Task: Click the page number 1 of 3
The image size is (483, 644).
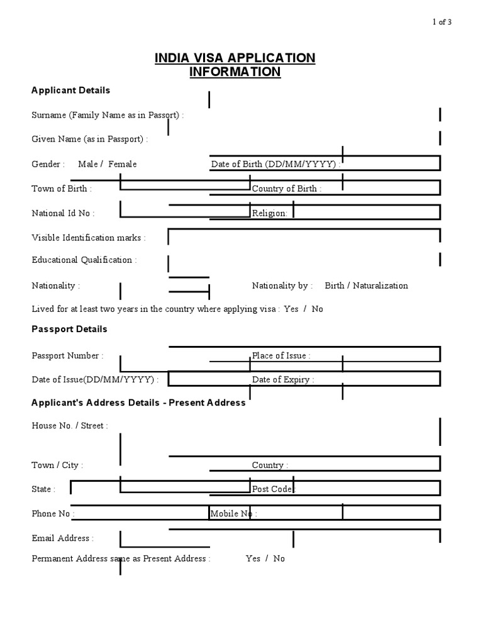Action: click(441, 22)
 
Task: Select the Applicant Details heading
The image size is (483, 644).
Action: click(70, 91)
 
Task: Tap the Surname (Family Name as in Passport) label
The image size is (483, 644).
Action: click(108, 115)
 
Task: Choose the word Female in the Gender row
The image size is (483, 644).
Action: click(122, 164)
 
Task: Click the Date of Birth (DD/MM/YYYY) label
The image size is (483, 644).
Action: click(276, 164)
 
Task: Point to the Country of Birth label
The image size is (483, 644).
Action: click(286, 189)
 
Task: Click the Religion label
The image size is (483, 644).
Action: click(269, 213)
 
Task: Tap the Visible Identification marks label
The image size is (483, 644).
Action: click(89, 238)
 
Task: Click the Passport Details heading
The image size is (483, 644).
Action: click(69, 330)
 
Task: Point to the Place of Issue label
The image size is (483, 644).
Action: click(280, 356)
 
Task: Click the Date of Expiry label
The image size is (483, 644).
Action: click(283, 380)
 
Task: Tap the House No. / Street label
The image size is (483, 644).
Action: click(70, 426)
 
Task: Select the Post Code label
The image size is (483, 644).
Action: click(273, 489)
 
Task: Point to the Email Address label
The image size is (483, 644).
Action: click(62, 538)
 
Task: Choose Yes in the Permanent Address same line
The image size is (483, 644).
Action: click(253, 558)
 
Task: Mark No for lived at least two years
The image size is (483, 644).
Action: click(317, 309)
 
